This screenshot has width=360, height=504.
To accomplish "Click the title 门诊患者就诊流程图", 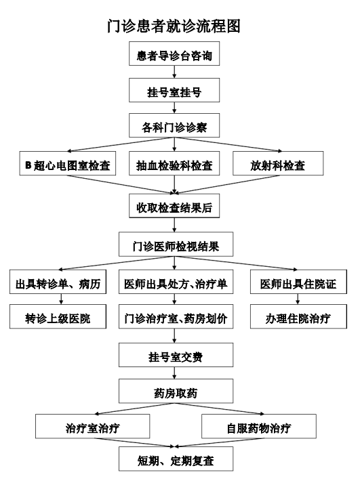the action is point(174,26).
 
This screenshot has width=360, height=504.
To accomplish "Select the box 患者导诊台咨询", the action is point(174,54).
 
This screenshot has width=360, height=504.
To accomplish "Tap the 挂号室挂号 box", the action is point(174,90).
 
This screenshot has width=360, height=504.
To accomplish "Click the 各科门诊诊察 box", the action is point(174,125).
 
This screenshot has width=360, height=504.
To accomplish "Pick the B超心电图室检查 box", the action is point(68,163).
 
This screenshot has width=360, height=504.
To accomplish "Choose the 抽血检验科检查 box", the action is point(174,163).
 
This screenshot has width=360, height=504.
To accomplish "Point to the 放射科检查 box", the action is point(278,163).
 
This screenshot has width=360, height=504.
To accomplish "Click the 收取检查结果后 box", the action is point(174,206).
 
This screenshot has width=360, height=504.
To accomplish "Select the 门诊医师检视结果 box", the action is point(176,245).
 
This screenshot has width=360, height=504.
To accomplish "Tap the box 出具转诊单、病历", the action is point(58,282).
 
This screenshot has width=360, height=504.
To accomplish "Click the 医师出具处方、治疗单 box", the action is point(176,282).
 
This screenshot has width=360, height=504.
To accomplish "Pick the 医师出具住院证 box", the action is point(298,282).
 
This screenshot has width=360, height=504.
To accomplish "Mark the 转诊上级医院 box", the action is point(58,316).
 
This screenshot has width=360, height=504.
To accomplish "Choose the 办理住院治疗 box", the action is point(298,316).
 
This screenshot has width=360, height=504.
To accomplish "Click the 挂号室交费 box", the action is point(176,355).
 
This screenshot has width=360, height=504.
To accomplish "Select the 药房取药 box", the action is point(176,391).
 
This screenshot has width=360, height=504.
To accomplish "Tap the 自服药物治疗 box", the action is point(259,426).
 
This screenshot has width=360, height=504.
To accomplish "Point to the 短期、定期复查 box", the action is point(176,459).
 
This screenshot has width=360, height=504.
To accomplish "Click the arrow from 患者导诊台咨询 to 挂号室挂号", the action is point(174,72).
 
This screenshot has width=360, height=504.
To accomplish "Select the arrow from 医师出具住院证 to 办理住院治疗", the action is point(298,299).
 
